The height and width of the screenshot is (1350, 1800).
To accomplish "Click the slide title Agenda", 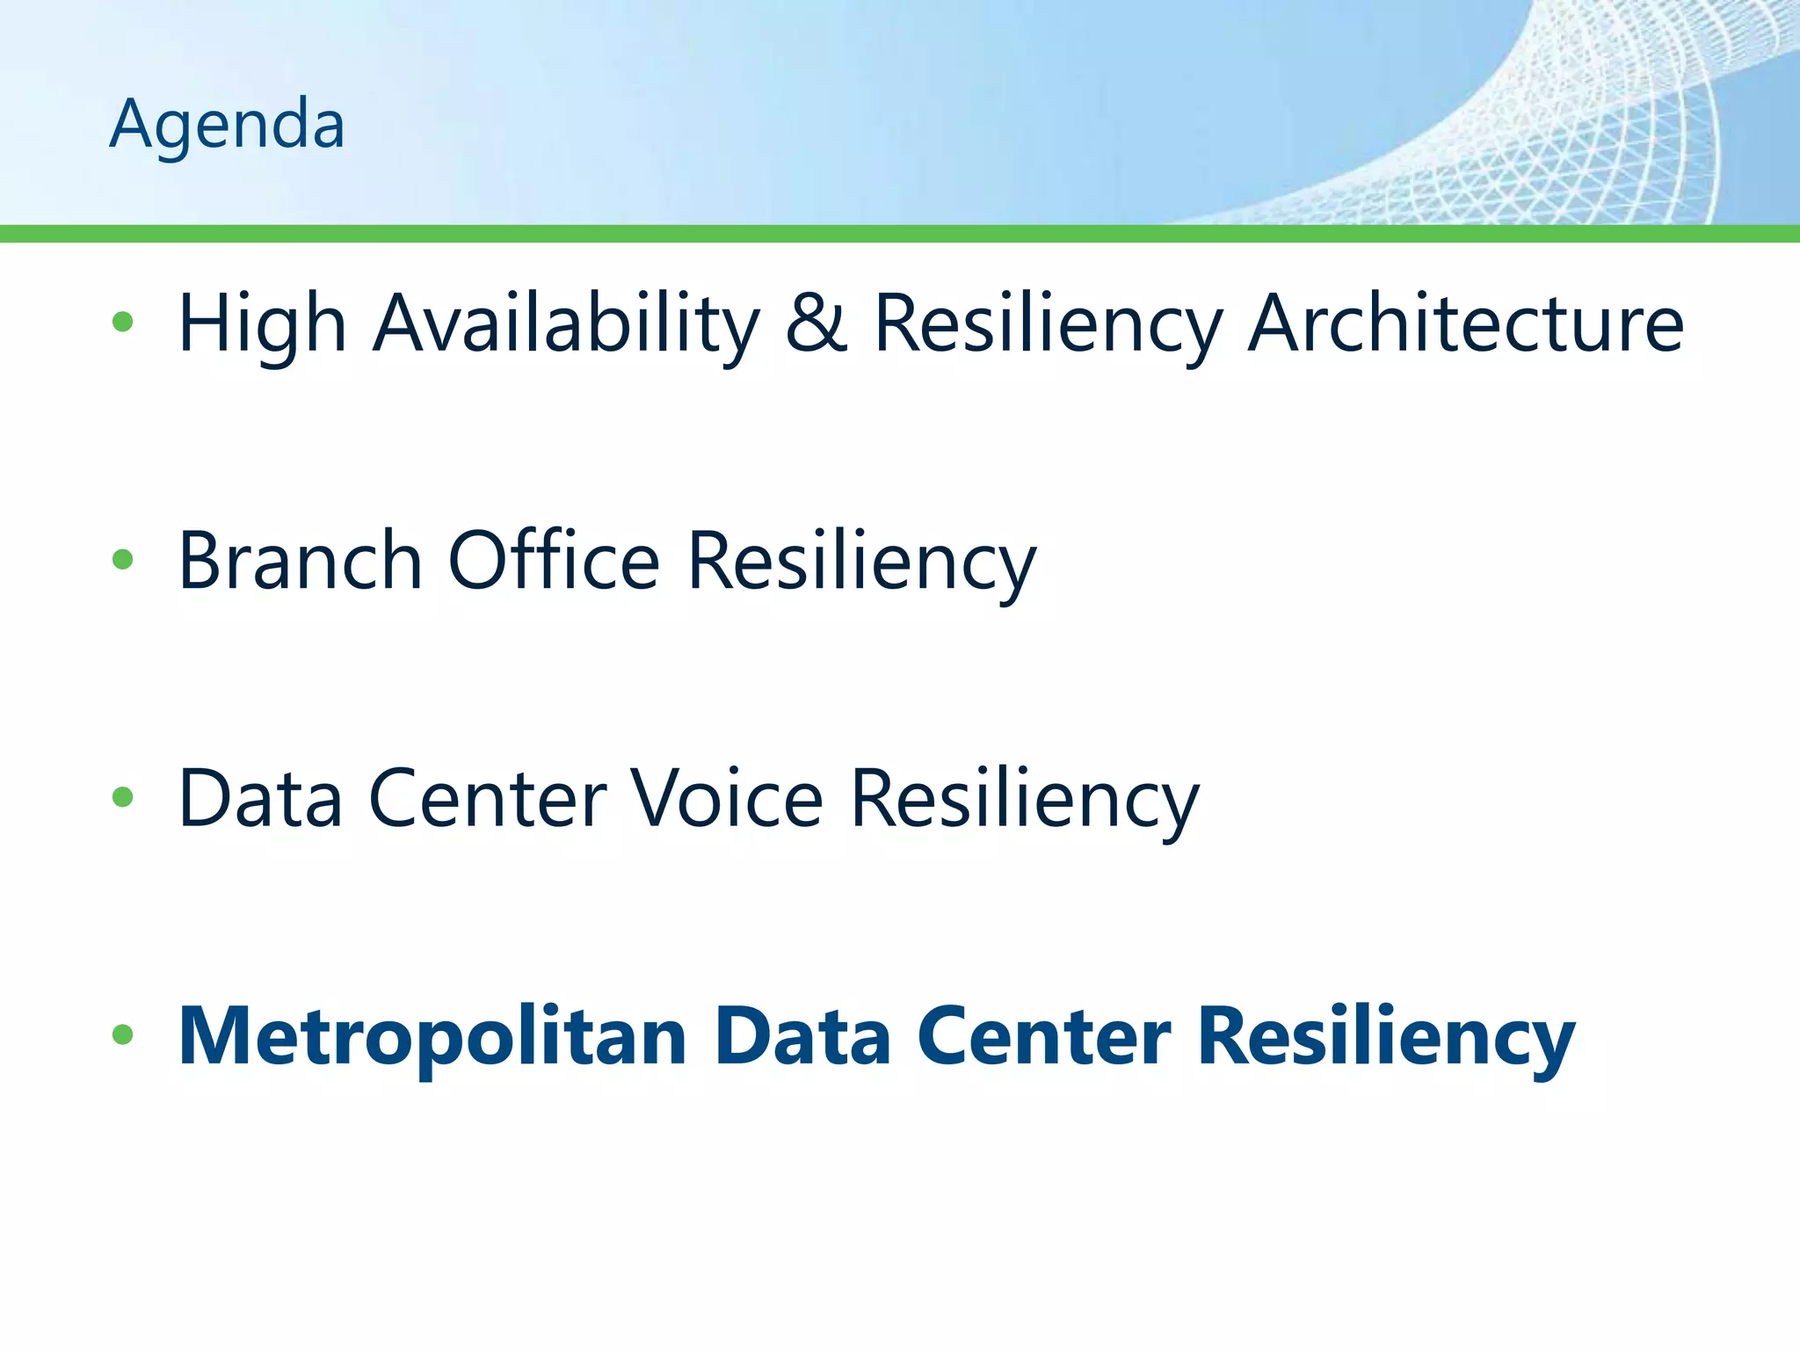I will [227, 125].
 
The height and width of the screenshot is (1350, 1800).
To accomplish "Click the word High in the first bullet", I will [262, 323].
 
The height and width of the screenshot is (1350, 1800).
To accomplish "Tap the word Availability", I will [566, 323].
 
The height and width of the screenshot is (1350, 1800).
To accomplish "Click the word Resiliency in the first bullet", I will [1048, 323].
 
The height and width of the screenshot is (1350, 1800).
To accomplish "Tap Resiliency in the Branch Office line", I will [861, 562].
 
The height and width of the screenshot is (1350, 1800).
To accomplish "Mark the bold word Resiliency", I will [1386, 1037].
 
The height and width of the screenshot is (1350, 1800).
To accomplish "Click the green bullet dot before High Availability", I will [123, 322].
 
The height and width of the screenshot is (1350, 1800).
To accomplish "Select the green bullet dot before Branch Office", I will [123, 559].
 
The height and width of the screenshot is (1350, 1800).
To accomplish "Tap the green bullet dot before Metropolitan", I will [123, 1034].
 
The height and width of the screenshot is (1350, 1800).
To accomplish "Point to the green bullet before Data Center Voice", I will [123, 797].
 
